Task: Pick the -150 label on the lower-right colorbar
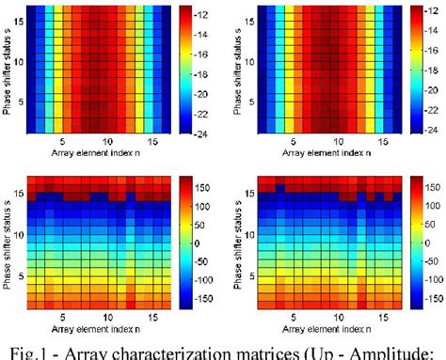[x=432, y=303]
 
